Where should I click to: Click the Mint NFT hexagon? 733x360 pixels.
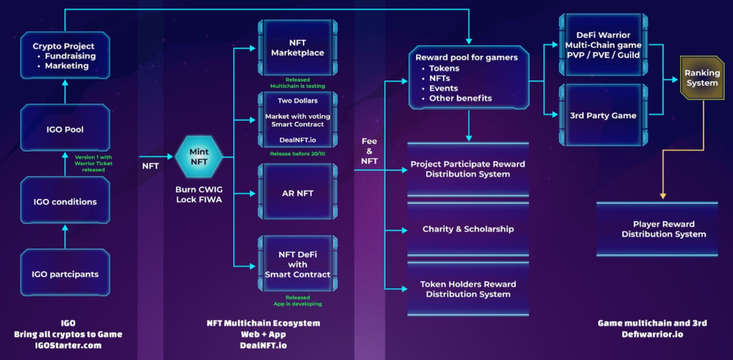pyautogui.click(x=199, y=157)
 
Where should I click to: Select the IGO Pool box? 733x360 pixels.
pyautogui.click(x=65, y=128)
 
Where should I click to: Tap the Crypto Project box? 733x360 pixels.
pyautogui.click(x=65, y=56)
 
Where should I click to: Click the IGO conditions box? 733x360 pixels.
pyautogui.click(x=65, y=201)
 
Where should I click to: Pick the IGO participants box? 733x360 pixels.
pyautogui.click(x=65, y=274)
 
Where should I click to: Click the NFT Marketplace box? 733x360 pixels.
pyautogui.click(x=297, y=48)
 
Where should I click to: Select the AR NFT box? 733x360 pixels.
pyautogui.click(x=297, y=193)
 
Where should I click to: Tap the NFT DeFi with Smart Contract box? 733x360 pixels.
pyautogui.click(x=297, y=265)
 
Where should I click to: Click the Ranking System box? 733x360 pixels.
pyautogui.click(x=702, y=78)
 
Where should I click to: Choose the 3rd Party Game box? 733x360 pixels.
pyautogui.click(x=603, y=115)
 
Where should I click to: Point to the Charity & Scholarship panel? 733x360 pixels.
pyautogui.click(x=468, y=229)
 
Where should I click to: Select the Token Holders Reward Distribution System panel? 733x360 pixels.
pyautogui.click(x=468, y=289)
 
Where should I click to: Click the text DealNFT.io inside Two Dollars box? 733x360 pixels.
pyautogui.click(x=297, y=140)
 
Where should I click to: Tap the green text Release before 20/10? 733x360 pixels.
pyautogui.click(x=297, y=153)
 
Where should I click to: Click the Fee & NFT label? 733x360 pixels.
pyautogui.click(x=369, y=151)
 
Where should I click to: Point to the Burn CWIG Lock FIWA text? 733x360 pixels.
pyautogui.click(x=199, y=195)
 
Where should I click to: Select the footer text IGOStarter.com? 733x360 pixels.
pyautogui.click(x=67, y=345)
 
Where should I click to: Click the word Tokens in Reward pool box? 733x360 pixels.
pyautogui.click(x=444, y=68)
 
